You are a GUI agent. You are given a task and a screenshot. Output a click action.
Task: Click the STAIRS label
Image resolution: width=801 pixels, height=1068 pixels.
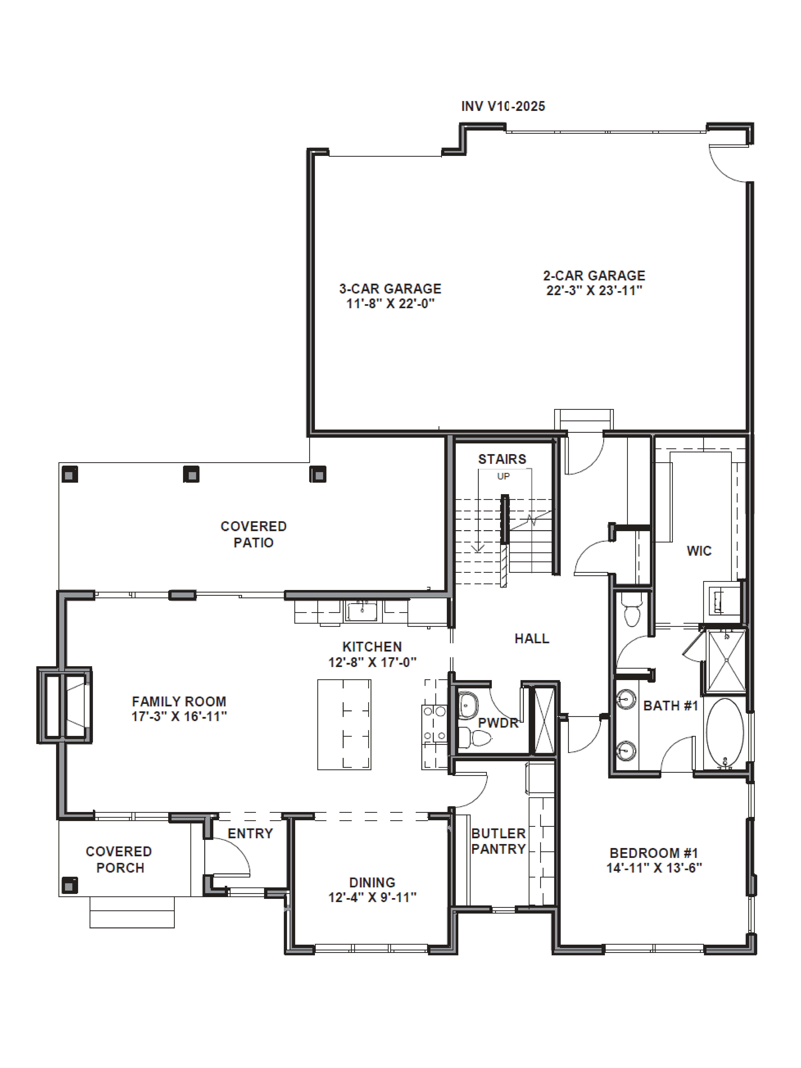502,459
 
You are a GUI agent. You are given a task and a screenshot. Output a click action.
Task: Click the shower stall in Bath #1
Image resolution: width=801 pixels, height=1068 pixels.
726,661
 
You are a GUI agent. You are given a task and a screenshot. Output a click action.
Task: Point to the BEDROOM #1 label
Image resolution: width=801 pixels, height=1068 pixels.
654,853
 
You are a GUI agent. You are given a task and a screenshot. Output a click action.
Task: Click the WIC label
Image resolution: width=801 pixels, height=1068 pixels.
699,551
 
